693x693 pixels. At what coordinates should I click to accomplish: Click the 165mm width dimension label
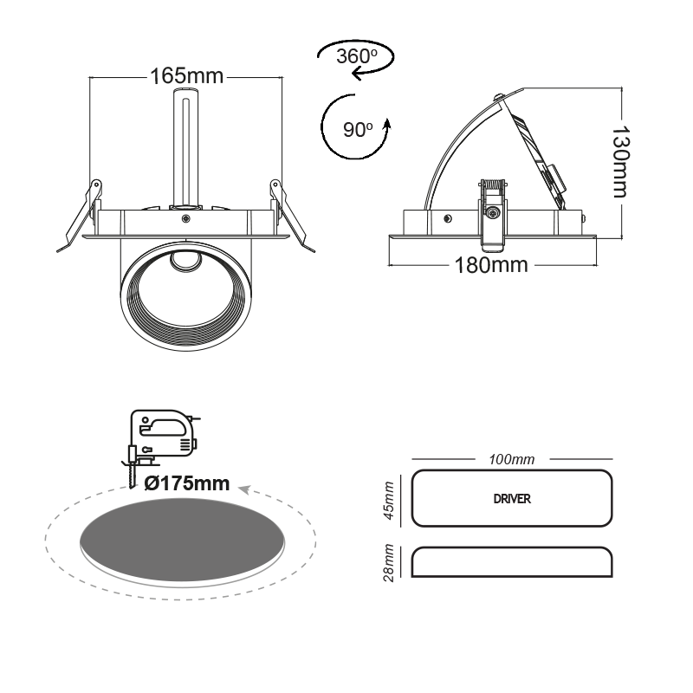click(186, 76)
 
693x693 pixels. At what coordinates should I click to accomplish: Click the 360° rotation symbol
click(353, 58)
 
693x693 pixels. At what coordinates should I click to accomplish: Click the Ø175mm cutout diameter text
click(187, 483)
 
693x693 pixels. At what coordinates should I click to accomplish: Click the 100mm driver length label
click(511, 458)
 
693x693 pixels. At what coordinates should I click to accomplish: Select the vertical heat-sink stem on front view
click(185, 147)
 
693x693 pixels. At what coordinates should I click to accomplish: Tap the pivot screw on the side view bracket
click(492, 212)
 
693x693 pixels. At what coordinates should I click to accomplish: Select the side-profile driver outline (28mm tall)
click(511, 563)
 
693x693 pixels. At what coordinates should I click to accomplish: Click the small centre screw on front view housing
click(185, 220)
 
